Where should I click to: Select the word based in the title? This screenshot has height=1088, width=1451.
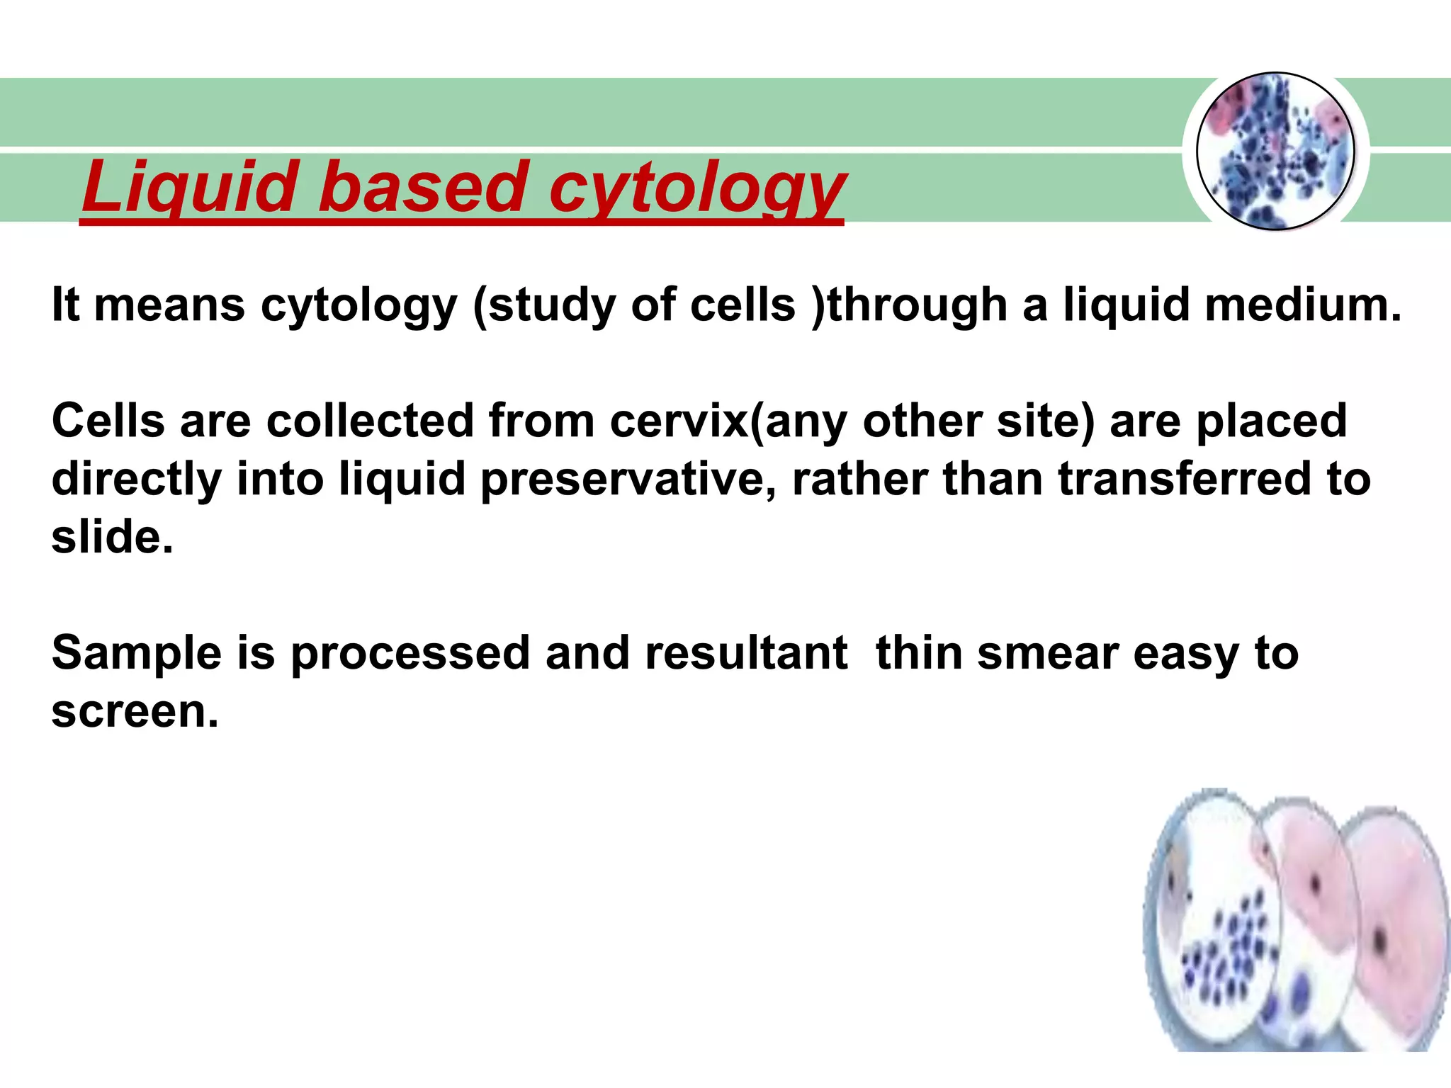[422, 187]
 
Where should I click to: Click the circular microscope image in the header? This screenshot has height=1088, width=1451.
[1275, 152]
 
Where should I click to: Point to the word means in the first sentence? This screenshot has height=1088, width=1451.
[169, 305]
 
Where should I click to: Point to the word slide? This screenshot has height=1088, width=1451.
[112, 537]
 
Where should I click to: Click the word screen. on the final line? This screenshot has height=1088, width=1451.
[135, 711]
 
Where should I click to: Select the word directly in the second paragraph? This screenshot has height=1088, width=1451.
[137, 480]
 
